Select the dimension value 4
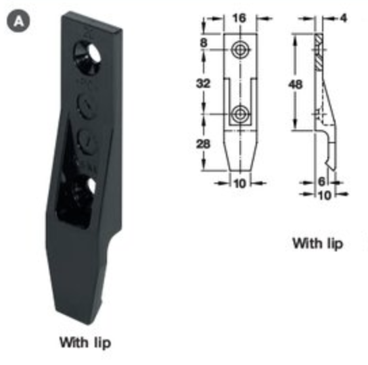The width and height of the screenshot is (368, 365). pos(344,18)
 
